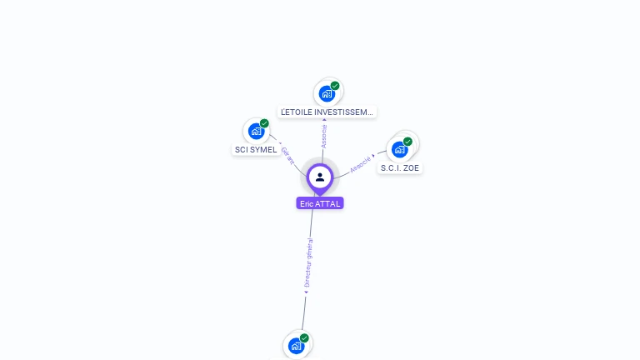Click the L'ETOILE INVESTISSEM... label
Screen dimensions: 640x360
pyautogui.click(x=327, y=112)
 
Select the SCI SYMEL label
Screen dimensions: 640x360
pyautogui.click(x=255, y=149)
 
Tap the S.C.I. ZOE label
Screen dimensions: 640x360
pyautogui.click(x=400, y=167)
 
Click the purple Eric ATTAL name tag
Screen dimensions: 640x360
pyautogui.click(x=320, y=203)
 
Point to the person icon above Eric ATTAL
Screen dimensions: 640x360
pyautogui.click(x=320, y=177)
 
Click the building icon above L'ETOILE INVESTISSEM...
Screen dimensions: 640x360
pyautogui.click(x=327, y=93)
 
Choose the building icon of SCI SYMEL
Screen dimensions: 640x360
pyautogui.click(x=256, y=131)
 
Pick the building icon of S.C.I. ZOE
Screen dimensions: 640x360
pyautogui.click(x=399, y=149)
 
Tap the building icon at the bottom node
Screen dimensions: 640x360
pyautogui.click(x=296, y=345)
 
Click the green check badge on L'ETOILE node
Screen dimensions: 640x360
pyautogui.click(x=335, y=86)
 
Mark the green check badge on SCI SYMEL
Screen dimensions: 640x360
pyautogui.click(x=264, y=123)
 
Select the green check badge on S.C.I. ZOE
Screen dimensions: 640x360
pyautogui.click(x=407, y=142)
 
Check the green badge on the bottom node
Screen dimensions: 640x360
pyautogui.click(x=304, y=338)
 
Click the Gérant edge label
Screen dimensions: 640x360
pyautogui.click(x=287, y=156)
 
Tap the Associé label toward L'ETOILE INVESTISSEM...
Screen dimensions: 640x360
pyautogui.click(x=324, y=136)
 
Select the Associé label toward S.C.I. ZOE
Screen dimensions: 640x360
pyautogui.click(x=361, y=163)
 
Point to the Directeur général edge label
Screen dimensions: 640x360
pyautogui.click(x=308, y=263)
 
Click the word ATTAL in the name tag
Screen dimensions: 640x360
pyautogui.click(x=327, y=203)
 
